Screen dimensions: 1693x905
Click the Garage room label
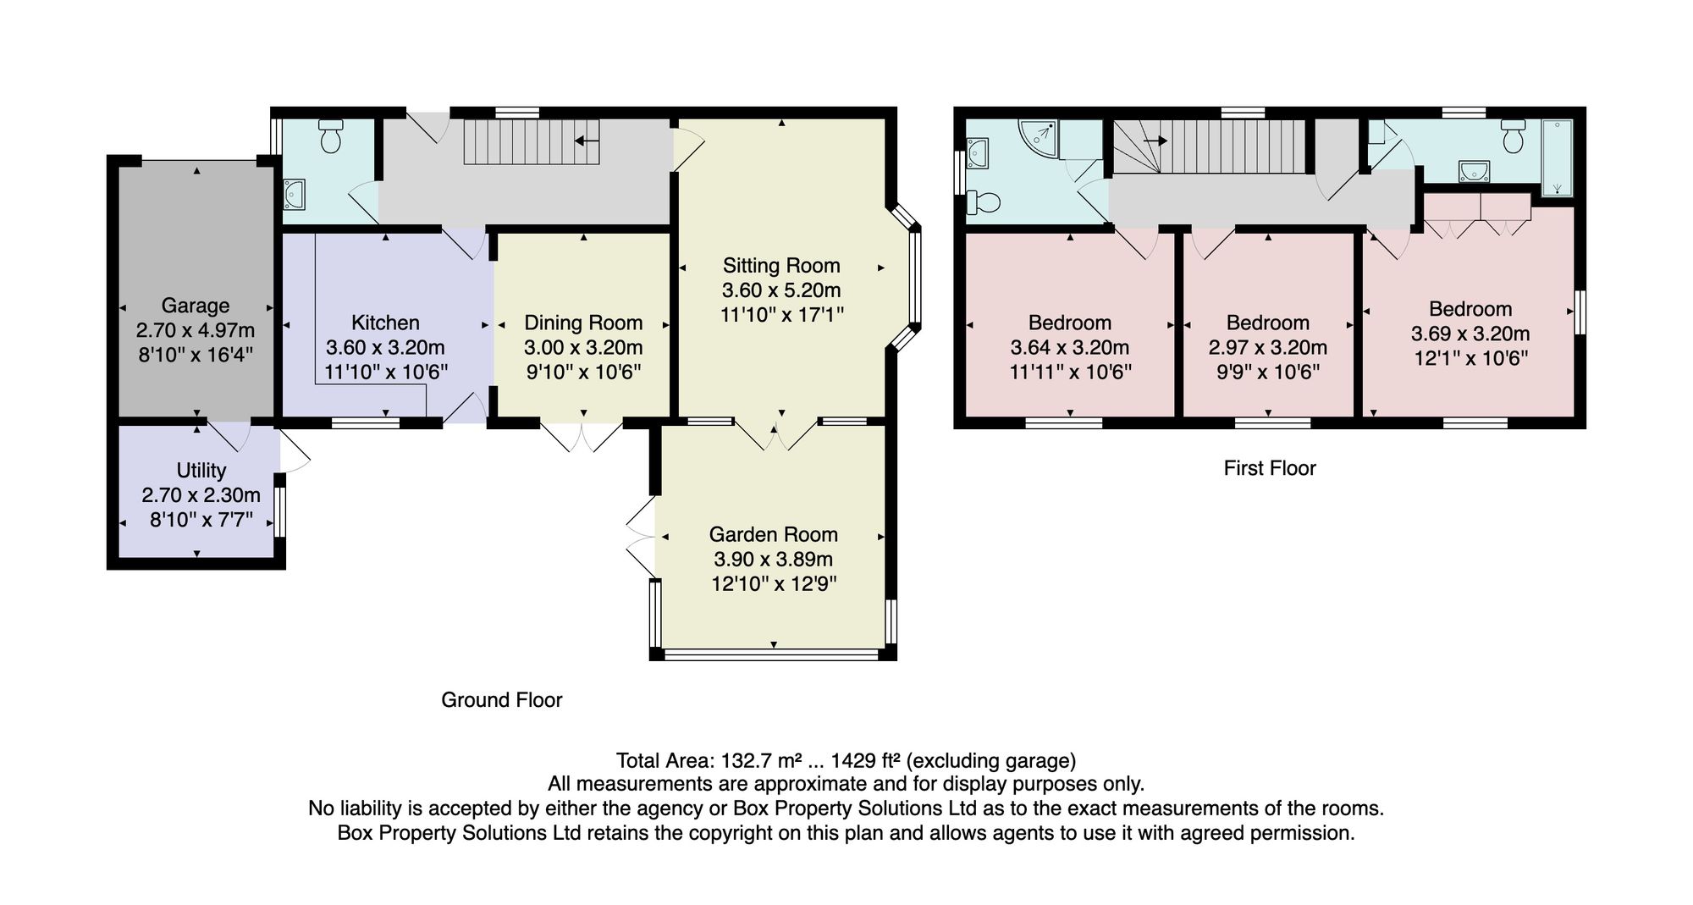(196, 306)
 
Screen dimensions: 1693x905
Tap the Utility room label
(201, 471)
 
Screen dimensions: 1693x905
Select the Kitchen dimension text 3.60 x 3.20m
(385, 347)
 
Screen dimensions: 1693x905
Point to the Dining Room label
(583, 323)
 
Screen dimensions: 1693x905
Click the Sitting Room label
(781, 266)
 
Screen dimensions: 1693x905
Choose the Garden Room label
(774, 534)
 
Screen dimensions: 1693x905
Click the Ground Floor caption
(502, 700)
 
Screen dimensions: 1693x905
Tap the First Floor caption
(1270, 468)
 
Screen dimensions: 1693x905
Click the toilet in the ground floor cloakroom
(330, 136)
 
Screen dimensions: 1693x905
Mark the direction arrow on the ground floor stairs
(587, 141)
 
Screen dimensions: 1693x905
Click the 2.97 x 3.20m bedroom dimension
(1268, 347)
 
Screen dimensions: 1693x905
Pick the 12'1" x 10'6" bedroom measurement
(1471, 358)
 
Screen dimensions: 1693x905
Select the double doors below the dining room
(582, 436)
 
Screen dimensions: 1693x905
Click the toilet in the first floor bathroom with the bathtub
(1514, 136)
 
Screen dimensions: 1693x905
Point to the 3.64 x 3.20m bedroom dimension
(1070, 347)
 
